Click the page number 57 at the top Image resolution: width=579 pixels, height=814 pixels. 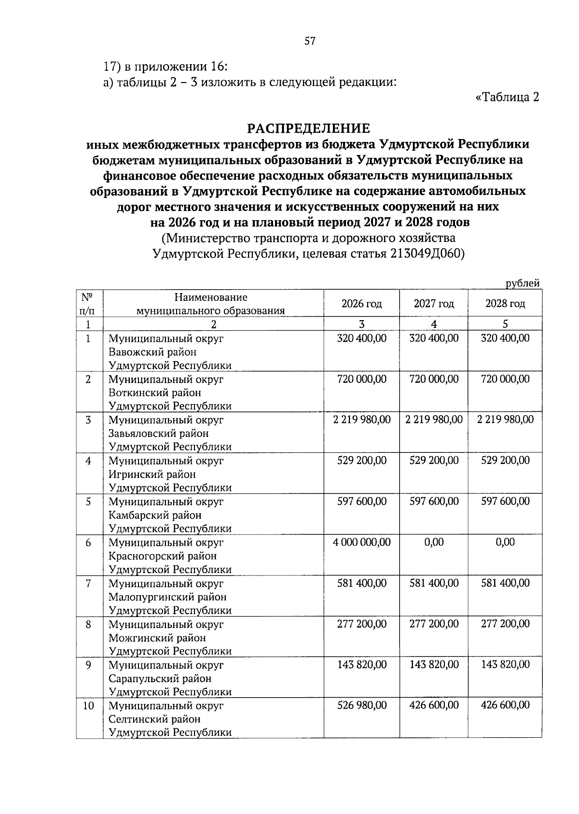[x=309, y=42]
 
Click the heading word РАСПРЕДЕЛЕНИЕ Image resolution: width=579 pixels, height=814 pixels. [x=308, y=128]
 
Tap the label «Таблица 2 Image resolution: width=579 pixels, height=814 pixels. [x=507, y=98]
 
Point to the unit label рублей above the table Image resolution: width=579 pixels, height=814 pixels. [x=522, y=284]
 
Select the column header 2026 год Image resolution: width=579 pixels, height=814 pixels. [x=361, y=304]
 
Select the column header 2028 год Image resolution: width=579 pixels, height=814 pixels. [x=505, y=304]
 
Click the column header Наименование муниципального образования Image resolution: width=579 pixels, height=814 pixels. [x=211, y=304]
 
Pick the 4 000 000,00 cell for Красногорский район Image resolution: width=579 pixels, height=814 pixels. [x=361, y=542]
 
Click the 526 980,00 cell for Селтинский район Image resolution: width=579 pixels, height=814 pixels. [x=361, y=705]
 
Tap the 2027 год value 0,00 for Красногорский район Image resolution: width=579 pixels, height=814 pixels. [x=434, y=542]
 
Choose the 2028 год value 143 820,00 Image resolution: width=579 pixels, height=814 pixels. [x=505, y=665]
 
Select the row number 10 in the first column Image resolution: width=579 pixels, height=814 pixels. [x=88, y=706]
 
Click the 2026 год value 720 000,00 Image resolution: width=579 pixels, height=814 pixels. [x=361, y=379]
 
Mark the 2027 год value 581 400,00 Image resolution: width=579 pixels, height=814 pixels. [x=434, y=583]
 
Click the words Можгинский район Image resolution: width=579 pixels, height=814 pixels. [x=157, y=638]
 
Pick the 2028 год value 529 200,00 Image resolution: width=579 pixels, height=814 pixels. [x=505, y=461]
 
